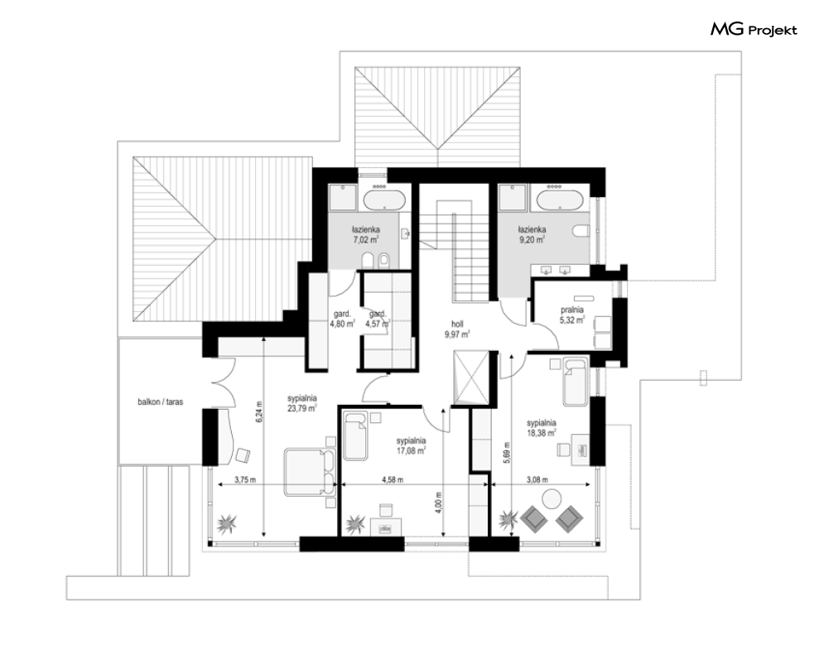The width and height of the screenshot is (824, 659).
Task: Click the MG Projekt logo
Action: tap(754, 30)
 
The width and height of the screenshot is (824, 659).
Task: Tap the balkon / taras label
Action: tap(161, 402)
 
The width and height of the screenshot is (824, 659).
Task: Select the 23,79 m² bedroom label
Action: tap(301, 403)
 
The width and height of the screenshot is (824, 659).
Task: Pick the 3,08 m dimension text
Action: tap(537, 480)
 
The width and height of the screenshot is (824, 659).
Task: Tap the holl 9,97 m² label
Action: tap(456, 329)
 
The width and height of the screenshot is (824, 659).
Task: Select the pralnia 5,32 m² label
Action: tap(572, 315)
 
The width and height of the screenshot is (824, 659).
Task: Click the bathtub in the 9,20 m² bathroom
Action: tap(557, 200)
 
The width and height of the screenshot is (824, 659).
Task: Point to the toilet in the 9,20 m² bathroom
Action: tap(581, 231)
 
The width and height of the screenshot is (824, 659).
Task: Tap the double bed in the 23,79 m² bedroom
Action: tap(310, 471)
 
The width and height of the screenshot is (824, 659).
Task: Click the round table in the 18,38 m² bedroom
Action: tap(552, 498)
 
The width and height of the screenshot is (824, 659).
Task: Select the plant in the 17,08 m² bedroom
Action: tap(355, 523)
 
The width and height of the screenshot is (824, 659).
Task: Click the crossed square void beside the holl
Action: tap(471, 378)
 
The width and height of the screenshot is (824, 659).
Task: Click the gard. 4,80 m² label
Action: tap(342, 320)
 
